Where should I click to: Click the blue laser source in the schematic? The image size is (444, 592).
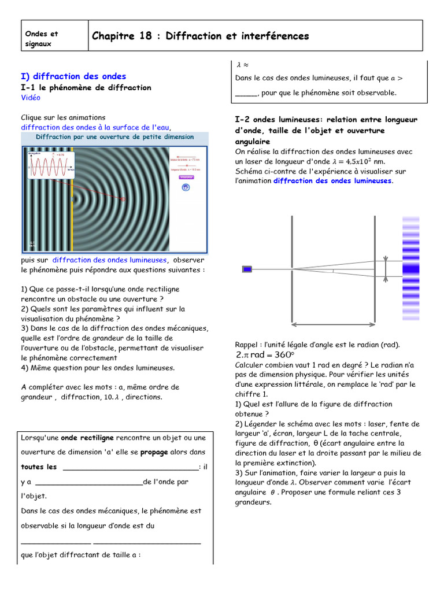coord(247,269)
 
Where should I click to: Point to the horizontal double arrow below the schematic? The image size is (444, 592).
coord(333,323)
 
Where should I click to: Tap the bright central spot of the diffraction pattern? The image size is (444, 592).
coord(410,269)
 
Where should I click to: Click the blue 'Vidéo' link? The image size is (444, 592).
coord(31,98)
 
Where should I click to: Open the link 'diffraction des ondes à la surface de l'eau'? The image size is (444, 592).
coord(96,127)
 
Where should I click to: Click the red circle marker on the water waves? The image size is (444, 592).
coord(123,199)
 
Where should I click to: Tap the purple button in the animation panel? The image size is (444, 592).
coord(186,177)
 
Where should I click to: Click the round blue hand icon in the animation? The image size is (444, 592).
coord(186,187)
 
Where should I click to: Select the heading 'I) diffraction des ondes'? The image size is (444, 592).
coord(73,76)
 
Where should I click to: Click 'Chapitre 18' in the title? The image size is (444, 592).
coord(120,36)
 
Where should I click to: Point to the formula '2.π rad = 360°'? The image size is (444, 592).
coord(265,354)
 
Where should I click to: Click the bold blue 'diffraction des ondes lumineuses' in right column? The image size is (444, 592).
coord(332,181)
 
